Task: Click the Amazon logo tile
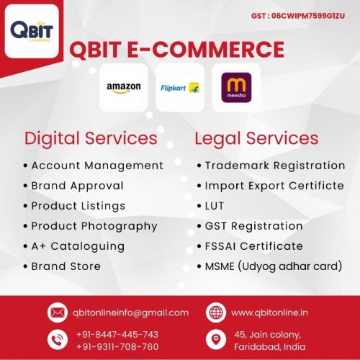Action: point(123,88)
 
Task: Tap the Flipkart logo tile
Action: point(180,88)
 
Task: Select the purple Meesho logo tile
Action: point(236,88)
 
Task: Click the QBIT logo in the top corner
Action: point(32,32)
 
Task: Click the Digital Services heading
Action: point(91,138)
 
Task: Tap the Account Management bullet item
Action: point(97,166)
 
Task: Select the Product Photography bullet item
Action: point(94,226)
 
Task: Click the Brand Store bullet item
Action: point(66,266)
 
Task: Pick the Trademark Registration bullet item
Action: point(275,166)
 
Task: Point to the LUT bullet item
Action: point(215,206)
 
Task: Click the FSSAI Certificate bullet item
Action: point(253,246)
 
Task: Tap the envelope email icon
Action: point(57,312)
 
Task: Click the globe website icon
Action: point(216,312)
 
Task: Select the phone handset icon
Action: point(57,340)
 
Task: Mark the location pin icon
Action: point(216,340)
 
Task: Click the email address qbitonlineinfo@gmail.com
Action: point(130,312)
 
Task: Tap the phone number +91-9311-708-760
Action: point(117,346)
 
